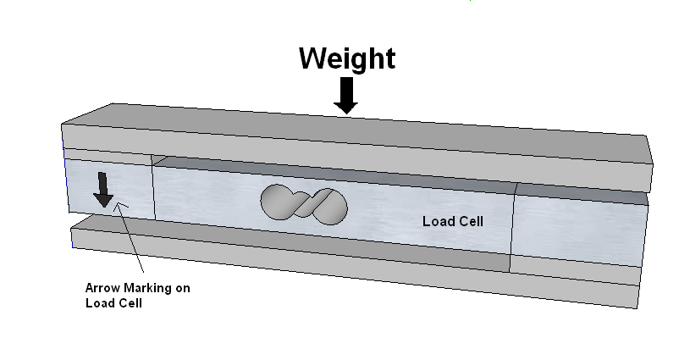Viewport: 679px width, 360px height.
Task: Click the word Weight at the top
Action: point(346,58)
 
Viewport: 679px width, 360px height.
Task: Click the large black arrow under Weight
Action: point(345,94)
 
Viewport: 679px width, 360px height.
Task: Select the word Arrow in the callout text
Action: point(102,288)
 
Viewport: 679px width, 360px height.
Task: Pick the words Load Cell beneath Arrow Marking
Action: point(113,303)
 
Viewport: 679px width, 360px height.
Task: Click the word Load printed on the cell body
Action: point(436,222)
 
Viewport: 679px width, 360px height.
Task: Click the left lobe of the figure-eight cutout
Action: point(278,200)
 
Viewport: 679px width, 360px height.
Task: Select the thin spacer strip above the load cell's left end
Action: point(106,155)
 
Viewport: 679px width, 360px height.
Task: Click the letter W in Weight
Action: point(314,58)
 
